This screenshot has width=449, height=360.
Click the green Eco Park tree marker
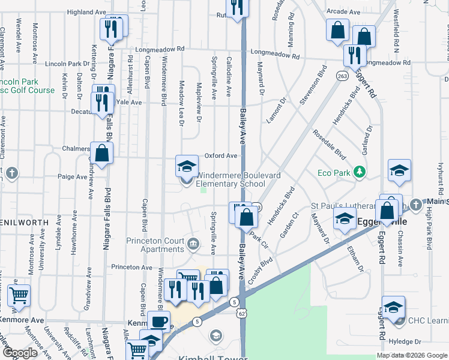pyautogui.click(x=360, y=173)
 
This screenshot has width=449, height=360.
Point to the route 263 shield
pyautogui.click(x=342, y=76)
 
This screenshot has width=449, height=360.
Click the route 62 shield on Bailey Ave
pyautogui.click(x=241, y=312)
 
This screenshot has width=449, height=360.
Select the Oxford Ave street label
pyautogui.click(x=220, y=155)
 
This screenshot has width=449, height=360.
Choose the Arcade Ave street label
pyautogui.click(x=343, y=11)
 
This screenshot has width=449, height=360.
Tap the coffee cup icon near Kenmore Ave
pyautogui.click(x=160, y=321)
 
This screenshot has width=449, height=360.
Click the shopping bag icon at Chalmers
pyautogui.click(x=101, y=153)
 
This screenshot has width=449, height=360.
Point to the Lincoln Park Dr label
pyautogui.click(x=67, y=64)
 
